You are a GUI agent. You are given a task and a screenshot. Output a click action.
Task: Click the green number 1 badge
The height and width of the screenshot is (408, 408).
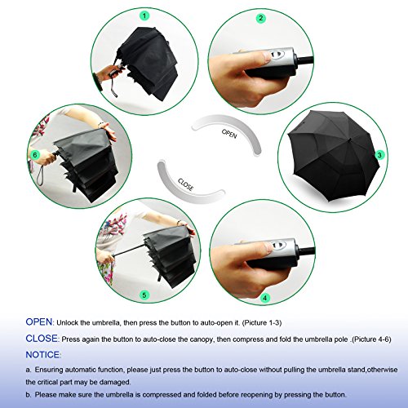click(x=144, y=16)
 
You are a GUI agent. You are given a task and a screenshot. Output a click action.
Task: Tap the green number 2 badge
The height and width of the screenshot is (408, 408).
click(x=261, y=18)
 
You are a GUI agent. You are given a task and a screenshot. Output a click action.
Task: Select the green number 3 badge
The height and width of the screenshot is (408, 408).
click(x=379, y=155)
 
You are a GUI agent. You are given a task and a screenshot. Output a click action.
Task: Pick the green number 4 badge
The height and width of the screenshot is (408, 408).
click(x=265, y=298)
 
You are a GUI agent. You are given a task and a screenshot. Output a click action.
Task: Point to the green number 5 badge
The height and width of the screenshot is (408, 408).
click(x=144, y=295)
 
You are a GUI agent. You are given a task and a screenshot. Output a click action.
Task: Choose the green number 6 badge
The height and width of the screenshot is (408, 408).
click(x=35, y=155)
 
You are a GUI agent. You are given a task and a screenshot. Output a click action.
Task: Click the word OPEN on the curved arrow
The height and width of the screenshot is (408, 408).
click(x=229, y=134)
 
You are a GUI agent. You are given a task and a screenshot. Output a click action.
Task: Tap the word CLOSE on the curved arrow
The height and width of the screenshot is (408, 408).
click(x=186, y=184)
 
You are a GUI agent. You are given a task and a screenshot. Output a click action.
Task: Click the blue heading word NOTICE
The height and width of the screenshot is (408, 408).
click(x=42, y=355)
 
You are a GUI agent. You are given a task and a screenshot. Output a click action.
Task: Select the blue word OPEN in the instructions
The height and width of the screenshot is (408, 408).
click(x=39, y=322)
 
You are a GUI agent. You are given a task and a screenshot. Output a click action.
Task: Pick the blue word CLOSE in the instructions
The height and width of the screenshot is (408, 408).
click(x=42, y=339)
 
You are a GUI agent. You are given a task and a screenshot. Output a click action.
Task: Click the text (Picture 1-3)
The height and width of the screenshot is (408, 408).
click(x=262, y=323)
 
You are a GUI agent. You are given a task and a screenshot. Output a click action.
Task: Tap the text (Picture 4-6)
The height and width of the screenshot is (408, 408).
click(x=371, y=339)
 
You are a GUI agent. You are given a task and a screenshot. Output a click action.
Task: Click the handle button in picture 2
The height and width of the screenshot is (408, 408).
click(x=277, y=54)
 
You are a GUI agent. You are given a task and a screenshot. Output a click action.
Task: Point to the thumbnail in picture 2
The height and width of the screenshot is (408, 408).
click(x=267, y=57)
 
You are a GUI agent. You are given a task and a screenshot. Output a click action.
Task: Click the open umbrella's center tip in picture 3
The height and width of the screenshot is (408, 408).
click(x=349, y=140)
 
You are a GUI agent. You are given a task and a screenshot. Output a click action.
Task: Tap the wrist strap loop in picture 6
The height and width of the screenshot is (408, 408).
click(x=40, y=175)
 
